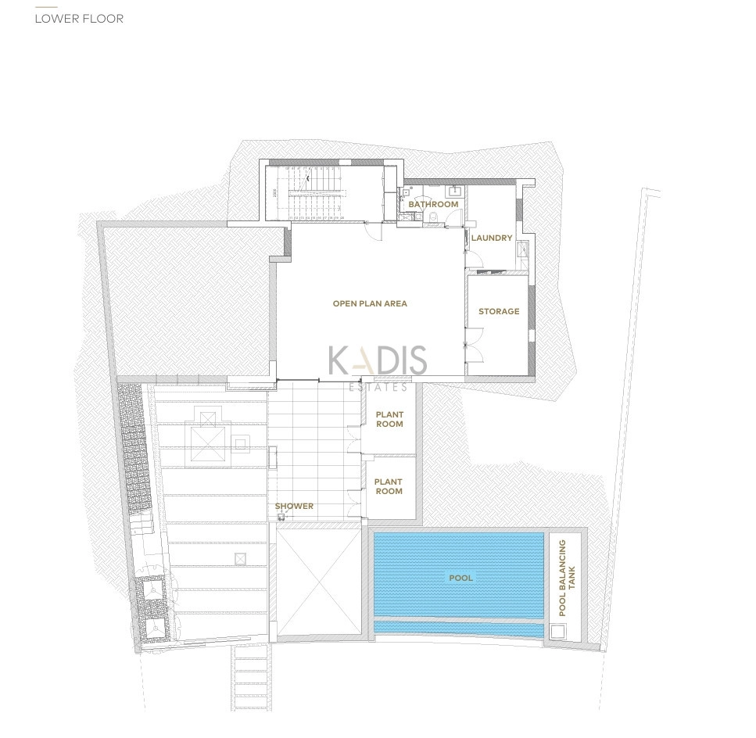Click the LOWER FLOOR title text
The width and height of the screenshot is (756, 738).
tap(79, 19)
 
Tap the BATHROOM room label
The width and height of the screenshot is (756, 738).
tap(433, 204)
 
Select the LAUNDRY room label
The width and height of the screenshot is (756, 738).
tap(491, 238)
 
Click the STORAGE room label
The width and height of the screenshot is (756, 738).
tap(499, 311)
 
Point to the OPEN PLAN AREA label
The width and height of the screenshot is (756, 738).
tap(370, 303)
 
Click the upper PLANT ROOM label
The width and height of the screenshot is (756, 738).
tap(389, 419)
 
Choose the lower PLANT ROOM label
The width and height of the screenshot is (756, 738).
tap(389, 486)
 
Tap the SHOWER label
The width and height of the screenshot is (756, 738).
tap(294, 506)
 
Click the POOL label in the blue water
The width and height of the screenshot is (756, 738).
tap(461, 578)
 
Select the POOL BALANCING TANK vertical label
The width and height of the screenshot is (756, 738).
tap(567, 578)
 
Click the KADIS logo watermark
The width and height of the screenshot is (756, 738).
tap(378, 360)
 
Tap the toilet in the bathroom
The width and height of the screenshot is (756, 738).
tap(433, 217)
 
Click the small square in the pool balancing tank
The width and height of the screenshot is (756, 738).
tap(558, 632)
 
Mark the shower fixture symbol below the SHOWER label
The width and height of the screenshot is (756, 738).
tap(281, 518)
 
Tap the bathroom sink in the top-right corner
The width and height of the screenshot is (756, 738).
tap(455, 192)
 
